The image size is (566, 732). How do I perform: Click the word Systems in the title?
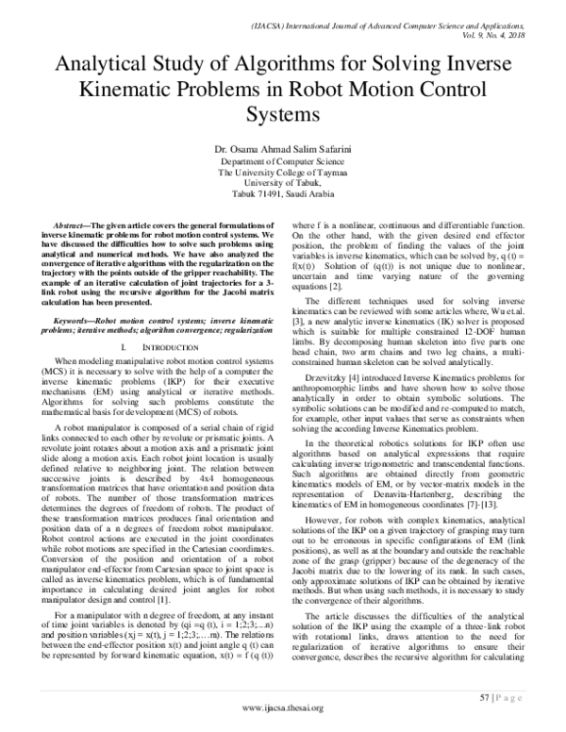[x=283, y=115]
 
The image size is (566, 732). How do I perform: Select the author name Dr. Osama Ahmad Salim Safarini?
[x=283, y=150]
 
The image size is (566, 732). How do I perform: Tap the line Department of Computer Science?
[x=283, y=162]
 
